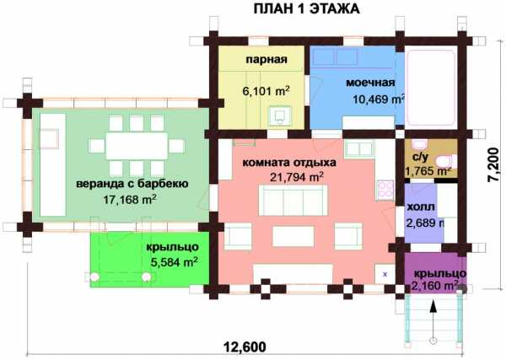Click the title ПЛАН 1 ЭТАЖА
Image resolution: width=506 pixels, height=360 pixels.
(306, 8)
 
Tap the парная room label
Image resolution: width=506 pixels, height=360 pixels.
(266, 60)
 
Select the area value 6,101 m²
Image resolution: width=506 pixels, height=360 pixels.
(266, 91)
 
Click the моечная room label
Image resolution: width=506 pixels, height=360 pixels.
(370, 83)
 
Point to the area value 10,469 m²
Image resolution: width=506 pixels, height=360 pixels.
(379, 99)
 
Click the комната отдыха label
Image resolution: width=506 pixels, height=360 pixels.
(288, 163)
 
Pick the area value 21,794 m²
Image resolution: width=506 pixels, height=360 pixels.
(297, 177)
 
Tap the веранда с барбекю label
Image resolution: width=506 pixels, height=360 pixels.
(132, 184)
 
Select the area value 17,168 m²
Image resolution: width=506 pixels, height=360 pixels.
(130, 199)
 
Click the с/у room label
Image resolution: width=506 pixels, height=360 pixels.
(421, 157)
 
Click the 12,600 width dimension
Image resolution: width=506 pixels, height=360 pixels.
(245, 347)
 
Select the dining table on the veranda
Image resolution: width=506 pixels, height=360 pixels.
(137, 146)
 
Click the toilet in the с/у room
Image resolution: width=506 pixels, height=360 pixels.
(446, 160)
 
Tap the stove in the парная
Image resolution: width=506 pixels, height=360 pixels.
(279, 116)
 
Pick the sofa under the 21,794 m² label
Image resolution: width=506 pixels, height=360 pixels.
(293, 200)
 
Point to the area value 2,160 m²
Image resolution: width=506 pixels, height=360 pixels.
(435, 286)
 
